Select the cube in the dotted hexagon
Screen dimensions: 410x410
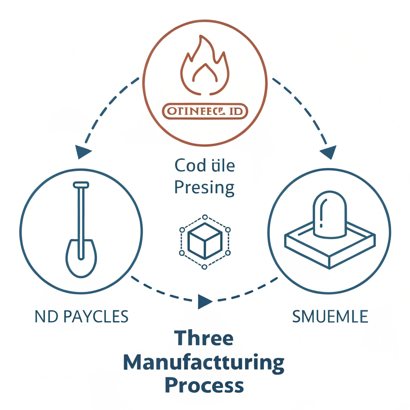click(x=205, y=244)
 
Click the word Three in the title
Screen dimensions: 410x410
click(x=204, y=339)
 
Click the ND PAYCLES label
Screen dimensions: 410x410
click(x=82, y=317)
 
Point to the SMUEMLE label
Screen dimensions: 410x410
click(x=330, y=317)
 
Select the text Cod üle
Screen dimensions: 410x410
click(x=205, y=165)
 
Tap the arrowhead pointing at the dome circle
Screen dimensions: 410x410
click(x=328, y=152)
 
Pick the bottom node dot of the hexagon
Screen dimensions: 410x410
click(x=205, y=267)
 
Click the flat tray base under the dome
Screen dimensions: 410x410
click(x=329, y=248)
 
